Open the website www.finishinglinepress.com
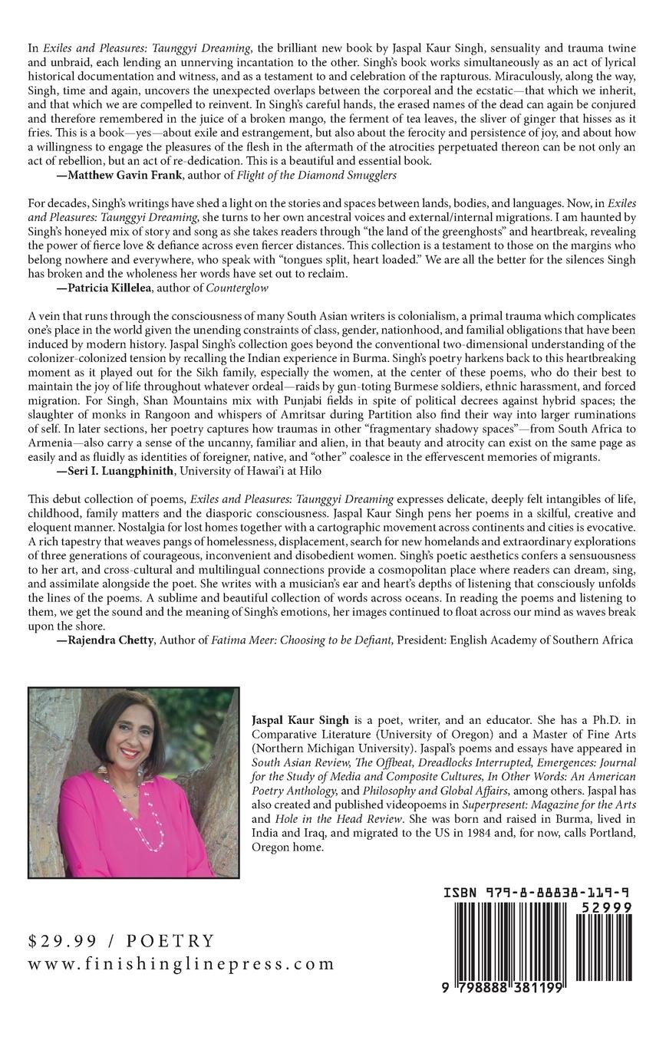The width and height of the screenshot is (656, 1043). tap(181, 964)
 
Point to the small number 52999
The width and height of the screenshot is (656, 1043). tap(606, 907)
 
